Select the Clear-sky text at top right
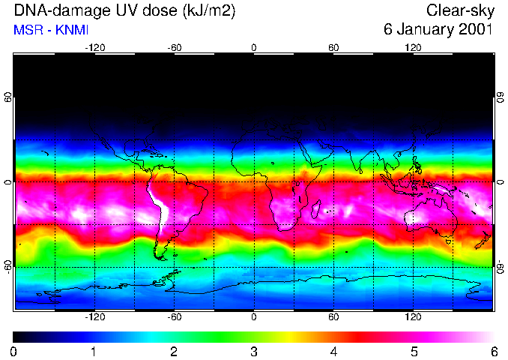[x=459, y=11]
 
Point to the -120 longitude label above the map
[x=94, y=47]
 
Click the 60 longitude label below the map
[x=333, y=317]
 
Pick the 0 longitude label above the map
[x=254, y=47]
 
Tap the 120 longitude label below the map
[x=413, y=317]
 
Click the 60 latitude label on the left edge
[x=7, y=97]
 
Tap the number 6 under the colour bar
[x=494, y=351]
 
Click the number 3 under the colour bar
[x=254, y=351]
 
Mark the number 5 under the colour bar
[x=414, y=351]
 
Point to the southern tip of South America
[x=159, y=256]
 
